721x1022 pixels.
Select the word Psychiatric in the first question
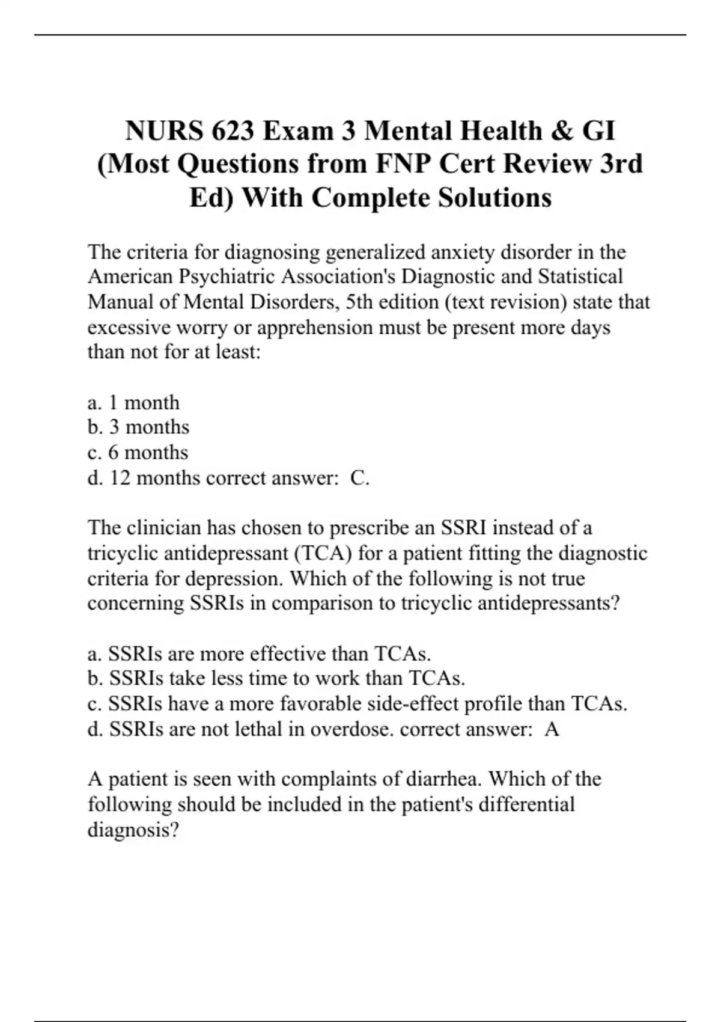[x=227, y=277]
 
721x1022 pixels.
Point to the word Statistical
[x=580, y=277]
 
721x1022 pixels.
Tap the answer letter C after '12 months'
[x=359, y=478]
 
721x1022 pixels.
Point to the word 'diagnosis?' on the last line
[x=133, y=830]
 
